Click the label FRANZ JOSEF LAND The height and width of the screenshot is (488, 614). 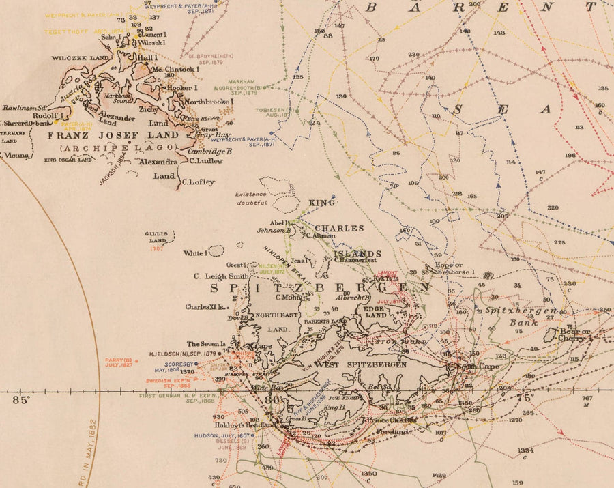[113, 135]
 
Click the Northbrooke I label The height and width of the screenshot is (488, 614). [208, 102]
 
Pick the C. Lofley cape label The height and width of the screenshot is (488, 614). [198, 182]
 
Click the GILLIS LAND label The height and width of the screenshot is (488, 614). [156, 236]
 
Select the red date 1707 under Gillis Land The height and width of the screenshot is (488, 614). [156, 248]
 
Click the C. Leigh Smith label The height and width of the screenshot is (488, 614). [219, 276]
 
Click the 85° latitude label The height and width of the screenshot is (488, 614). [21, 400]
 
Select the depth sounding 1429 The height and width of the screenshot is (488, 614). [439, 476]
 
